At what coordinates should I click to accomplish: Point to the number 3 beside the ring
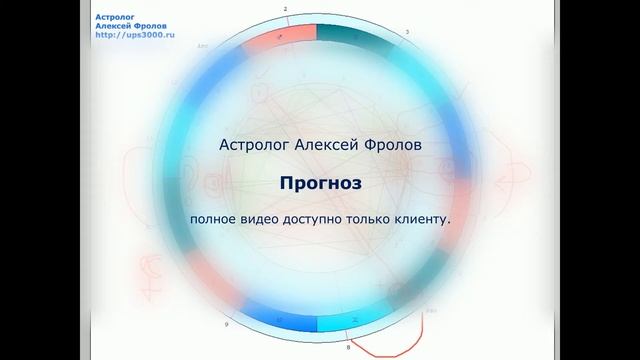(x=405, y=32)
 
